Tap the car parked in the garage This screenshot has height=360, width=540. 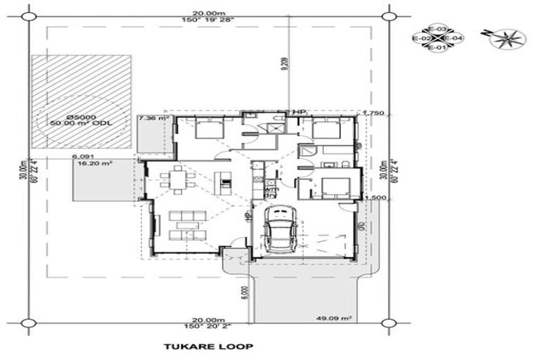(x=280, y=229)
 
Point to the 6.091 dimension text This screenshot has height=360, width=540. (x=82, y=155)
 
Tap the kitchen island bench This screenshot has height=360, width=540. (x=225, y=181)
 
